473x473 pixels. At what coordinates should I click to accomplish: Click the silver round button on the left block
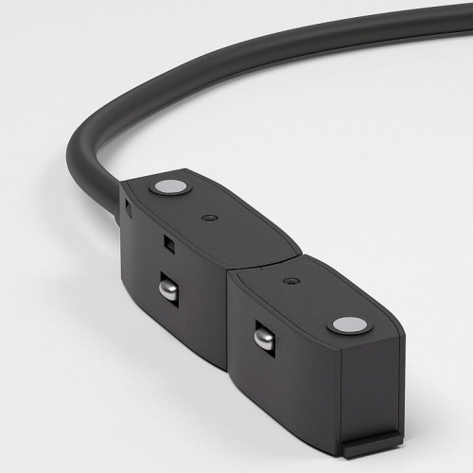tap(170, 186)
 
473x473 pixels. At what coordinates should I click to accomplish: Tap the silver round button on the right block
tap(349, 326)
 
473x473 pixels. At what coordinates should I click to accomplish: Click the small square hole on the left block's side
tap(169, 244)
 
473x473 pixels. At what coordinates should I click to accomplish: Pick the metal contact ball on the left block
tap(167, 289)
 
